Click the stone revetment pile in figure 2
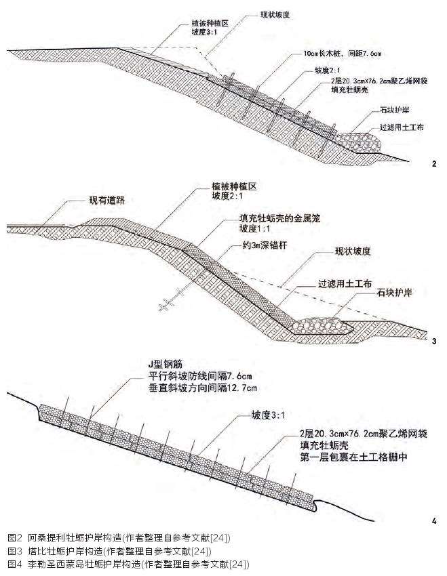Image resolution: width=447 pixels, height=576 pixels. [x=359, y=141]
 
